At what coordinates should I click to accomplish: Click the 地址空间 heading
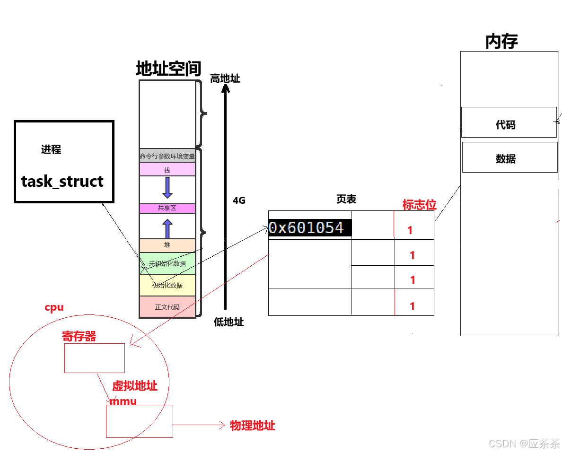pyautogui.click(x=168, y=69)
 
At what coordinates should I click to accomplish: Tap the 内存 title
pyautogui.click(x=501, y=42)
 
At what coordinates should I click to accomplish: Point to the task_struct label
pyautogui.click(x=62, y=182)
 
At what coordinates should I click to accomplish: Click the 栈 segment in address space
pyautogui.click(x=167, y=170)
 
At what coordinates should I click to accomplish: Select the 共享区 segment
pyautogui.click(x=167, y=208)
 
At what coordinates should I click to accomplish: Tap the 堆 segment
pyautogui.click(x=167, y=245)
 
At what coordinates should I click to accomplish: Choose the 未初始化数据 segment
pyautogui.click(x=167, y=263)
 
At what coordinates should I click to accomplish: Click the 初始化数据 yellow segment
pyautogui.click(x=167, y=285)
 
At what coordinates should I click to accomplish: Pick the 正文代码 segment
pyautogui.click(x=167, y=307)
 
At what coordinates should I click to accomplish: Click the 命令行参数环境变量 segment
pyautogui.click(x=167, y=156)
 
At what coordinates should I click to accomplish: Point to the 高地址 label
pyautogui.click(x=225, y=78)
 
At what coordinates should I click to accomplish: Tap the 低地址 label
pyautogui.click(x=229, y=322)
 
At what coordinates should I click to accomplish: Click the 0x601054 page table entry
pyautogui.click(x=306, y=228)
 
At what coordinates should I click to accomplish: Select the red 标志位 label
pyautogui.click(x=419, y=205)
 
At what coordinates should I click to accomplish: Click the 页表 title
pyautogui.click(x=346, y=200)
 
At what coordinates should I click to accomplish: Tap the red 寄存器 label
pyautogui.click(x=79, y=336)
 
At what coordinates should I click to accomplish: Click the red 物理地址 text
pyautogui.click(x=252, y=426)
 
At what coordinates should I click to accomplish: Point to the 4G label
pyautogui.click(x=239, y=200)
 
